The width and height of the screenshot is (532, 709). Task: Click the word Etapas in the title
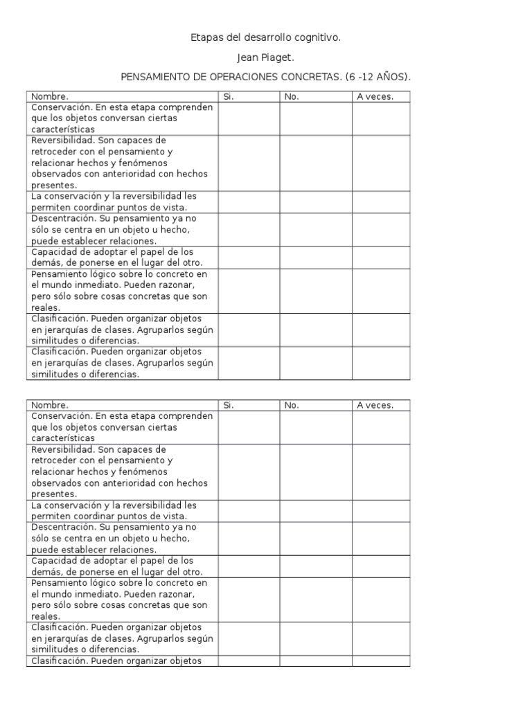pos(206,37)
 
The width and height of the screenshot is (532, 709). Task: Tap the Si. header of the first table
pos(229,97)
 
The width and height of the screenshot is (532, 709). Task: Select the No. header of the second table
pos(292,406)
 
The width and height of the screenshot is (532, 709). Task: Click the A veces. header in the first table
pos(375,97)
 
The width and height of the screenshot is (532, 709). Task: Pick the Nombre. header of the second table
pos(50,406)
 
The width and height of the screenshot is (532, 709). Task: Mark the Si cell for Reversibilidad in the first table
pos(249,163)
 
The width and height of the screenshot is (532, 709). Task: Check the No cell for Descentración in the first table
pos(315,230)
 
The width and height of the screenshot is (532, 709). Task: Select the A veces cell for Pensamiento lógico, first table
pos(380,291)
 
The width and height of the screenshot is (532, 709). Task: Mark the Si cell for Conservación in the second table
pos(249,427)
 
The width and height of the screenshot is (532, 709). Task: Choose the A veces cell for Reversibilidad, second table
pos(380,472)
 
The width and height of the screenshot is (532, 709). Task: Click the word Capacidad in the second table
pos(53,561)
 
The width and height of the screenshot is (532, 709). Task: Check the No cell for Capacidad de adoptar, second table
pos(315,566)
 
